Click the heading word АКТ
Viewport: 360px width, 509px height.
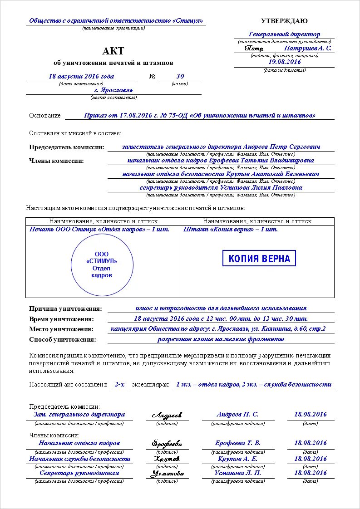[113, 51]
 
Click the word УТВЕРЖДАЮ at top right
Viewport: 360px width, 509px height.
[284, 21]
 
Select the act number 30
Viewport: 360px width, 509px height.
[180, 76]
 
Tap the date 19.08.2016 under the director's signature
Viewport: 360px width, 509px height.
[285, 62]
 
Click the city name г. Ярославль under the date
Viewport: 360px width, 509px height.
[113, 90]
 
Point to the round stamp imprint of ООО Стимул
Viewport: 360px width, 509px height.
[102, 265]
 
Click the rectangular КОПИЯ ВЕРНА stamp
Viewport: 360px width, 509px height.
[259, 259]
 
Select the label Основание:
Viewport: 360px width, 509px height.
[45, 116]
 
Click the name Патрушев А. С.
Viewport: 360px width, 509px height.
[308, 48]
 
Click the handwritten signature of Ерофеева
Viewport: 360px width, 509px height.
[167, 443]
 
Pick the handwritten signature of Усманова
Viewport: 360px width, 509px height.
[167, 473]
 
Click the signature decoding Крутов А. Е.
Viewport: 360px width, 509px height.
[237, 459]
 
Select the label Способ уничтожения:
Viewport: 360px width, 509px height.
[63, 339]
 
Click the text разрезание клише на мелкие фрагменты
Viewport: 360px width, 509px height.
[221, 339]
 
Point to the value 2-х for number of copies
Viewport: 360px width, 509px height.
[119, 384]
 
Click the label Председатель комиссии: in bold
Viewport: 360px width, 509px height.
[67, 147]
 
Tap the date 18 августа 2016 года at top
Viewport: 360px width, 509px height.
[81, 76]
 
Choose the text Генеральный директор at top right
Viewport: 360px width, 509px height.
[285, 34]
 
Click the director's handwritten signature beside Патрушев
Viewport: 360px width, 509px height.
[254, 48]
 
